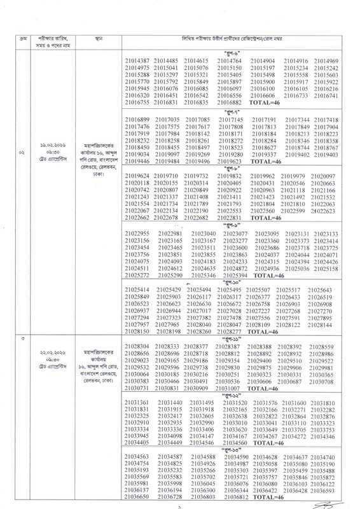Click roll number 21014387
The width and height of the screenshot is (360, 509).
(136, 60)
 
